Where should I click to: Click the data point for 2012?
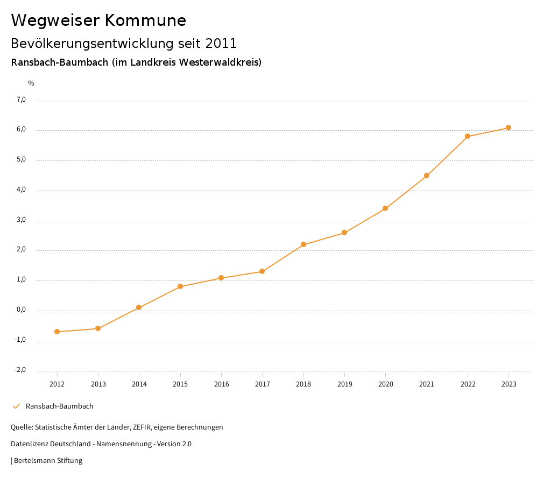57,332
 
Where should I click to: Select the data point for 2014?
139,307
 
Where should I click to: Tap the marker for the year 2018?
303,244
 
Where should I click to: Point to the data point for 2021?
427,175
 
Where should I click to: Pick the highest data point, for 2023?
508,128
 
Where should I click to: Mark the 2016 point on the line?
221,278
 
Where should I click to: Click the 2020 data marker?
385,208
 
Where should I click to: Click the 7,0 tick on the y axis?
21,100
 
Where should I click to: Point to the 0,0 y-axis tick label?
21,310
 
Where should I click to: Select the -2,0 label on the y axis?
20,370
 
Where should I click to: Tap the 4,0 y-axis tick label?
21,189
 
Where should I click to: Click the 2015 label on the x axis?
180,384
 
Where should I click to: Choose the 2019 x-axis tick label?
344,384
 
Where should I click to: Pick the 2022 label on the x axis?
468,384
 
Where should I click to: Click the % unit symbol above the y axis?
31,83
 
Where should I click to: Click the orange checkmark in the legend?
16,406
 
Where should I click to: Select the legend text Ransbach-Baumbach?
59,406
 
